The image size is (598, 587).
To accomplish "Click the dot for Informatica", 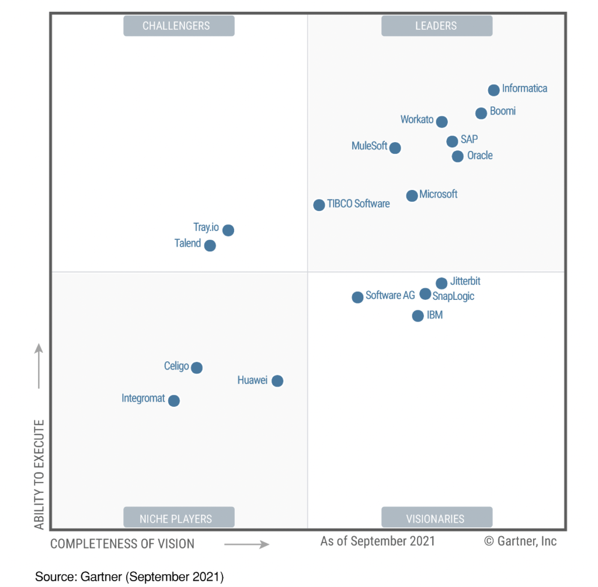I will click(x=493, y=90).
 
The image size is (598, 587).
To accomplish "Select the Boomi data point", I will click(x=481, y=113).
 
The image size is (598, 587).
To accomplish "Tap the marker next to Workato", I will click(x=441, y=122).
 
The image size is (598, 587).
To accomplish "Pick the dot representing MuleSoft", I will click(x=395, y=148).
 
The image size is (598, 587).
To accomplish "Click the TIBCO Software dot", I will click(x=319, y=205).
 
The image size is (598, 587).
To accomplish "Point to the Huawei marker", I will click(x=277, y=381).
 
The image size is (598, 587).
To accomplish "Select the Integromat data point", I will click(x=173, y=400).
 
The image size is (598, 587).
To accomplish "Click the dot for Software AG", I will click(x=357, y=298).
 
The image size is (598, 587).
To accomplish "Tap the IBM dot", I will click(x=418, y=316).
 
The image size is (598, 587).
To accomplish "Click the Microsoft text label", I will click(x=438, y=194).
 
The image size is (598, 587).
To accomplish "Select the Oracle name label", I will click(x=479, y=156).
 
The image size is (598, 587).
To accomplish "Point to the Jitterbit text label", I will click(x=465, y=281).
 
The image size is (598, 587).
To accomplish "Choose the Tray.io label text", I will click(x=206, y=227).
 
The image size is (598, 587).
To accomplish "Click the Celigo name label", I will click(x=176, y=366).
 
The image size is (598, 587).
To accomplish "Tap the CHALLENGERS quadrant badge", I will click(x=179, y=26).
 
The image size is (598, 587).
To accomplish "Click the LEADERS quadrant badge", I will click(x=436, y=26).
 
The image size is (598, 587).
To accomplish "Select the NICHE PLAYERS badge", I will click(x=179, y=518).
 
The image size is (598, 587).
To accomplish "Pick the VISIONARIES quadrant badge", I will click(x=436, y=518).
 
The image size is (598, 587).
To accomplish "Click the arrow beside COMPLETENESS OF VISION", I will click(x=246, y=544).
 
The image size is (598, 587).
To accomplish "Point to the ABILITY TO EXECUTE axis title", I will click(x=39, y=474).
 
